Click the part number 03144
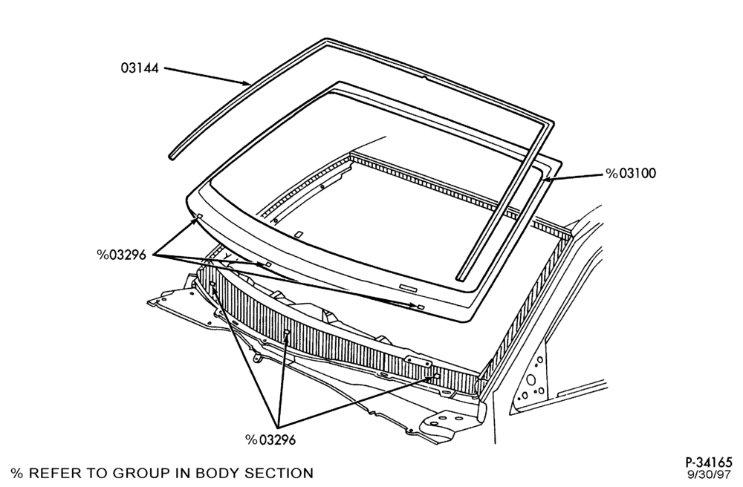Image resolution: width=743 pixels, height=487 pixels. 140,68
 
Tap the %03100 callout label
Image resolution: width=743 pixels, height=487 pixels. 631,174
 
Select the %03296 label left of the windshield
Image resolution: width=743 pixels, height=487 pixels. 122,255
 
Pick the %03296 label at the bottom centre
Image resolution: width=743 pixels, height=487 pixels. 270,440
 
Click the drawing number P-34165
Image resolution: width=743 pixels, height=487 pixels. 709,462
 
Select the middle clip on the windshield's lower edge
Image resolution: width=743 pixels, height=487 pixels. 267,264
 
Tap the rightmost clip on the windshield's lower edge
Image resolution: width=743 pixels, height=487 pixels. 421,307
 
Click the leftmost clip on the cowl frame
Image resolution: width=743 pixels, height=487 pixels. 212,284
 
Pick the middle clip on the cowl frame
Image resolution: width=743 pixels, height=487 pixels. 286,335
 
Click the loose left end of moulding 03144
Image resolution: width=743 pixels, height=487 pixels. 172,156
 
